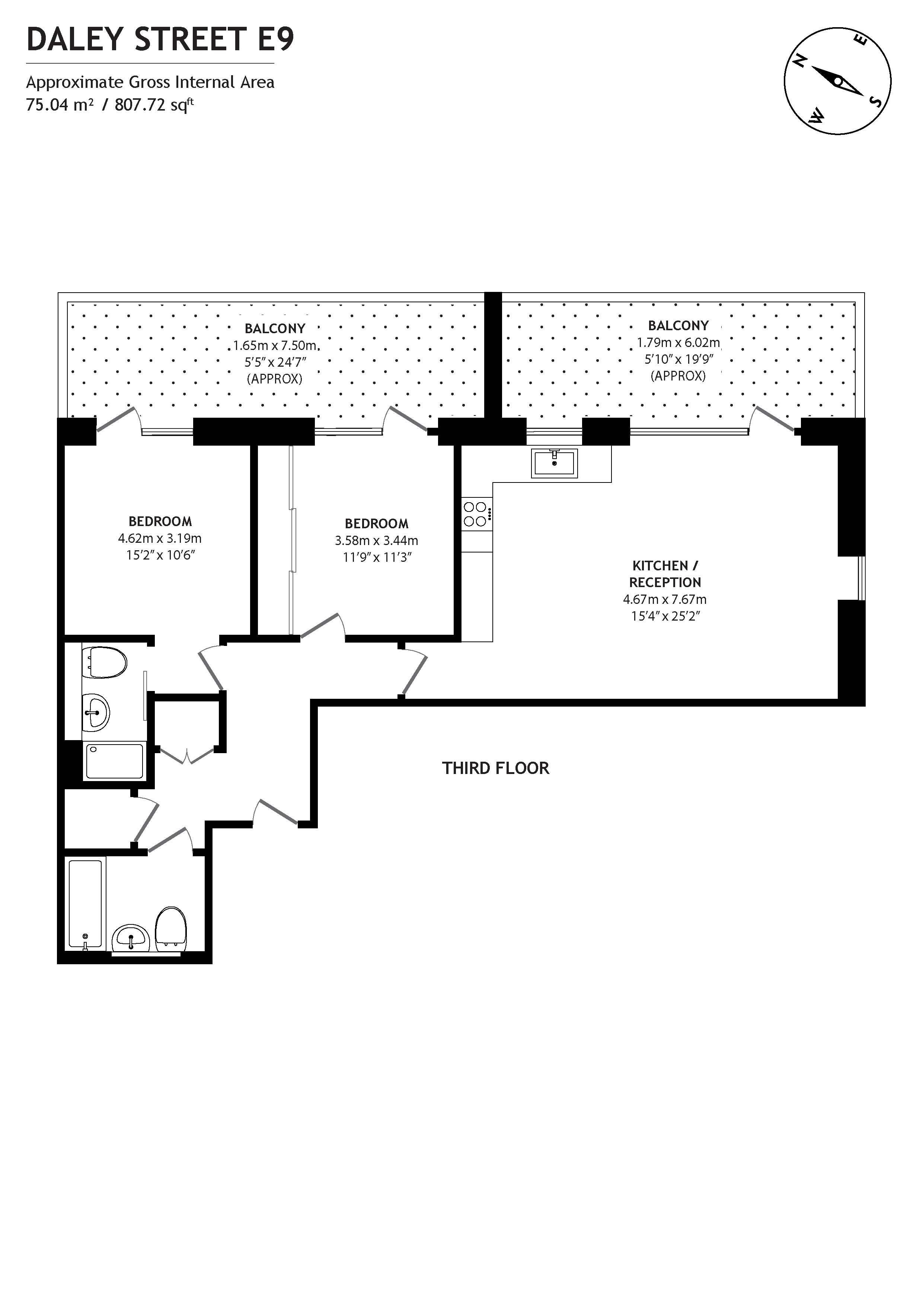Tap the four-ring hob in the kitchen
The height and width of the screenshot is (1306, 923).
tap(475, 514)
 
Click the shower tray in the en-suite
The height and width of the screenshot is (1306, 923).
tap(114, 761)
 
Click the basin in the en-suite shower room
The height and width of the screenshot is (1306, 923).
tap(96, 711)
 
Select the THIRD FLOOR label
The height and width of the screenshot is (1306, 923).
tap(495, 768)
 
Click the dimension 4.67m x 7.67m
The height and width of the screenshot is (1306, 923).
tap(664, 599)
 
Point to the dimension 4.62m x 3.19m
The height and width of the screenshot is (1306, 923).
tap(160, 538)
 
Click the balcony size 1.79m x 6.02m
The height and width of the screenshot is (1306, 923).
tap(678, 343)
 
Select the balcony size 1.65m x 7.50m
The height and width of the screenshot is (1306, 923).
tap(275, 345)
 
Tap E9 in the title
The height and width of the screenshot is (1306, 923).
tap(276, 39)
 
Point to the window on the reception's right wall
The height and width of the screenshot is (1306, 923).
tap(861, 578)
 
